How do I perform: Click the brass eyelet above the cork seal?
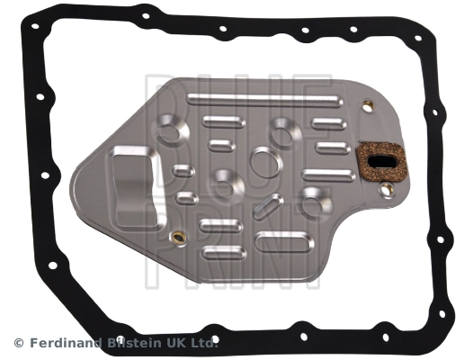pyautogui.click(x=368, y=107)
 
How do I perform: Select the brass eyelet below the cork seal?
pyautogui.click(x=386, y=190)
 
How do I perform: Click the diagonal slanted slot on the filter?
pyautogui.click(x=268, y=206)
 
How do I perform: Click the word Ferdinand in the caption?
pyautogui.click(x=64, y=342)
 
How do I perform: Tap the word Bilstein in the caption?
pyautogui.click(x=137, y=342)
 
